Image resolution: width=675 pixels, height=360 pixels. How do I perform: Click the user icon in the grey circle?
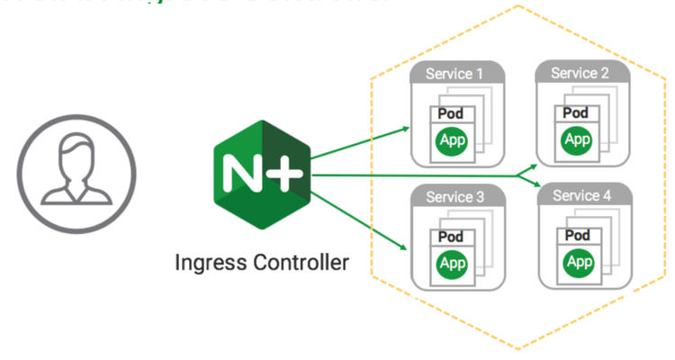coord(76,167)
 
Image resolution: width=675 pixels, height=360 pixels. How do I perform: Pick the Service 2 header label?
coord(580,73)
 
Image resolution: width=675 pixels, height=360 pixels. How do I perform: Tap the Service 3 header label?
coord(454,197)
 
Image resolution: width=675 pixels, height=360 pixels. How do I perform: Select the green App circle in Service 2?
coord(576,139)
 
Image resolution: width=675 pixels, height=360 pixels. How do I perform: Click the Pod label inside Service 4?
coord(577,235)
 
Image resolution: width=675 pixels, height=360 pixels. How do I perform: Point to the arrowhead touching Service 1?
coord(404,128)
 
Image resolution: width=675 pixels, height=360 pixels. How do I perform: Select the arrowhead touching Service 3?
coord(404,245)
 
